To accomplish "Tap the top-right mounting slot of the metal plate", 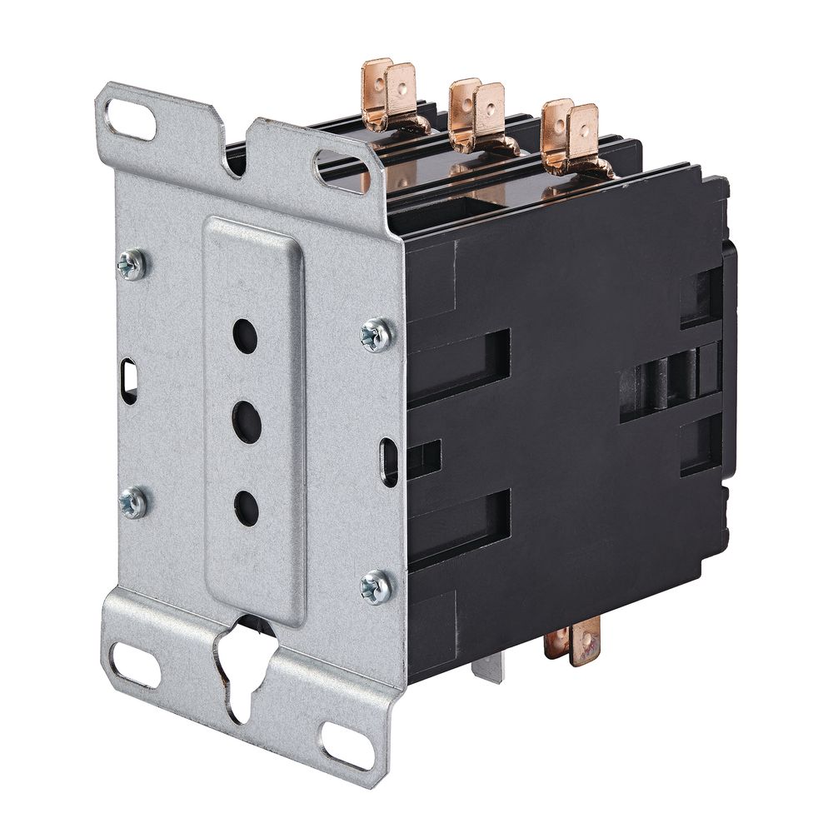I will point(341,172).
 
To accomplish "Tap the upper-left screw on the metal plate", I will point(132,265).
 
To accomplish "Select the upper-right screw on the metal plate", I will point(376,334).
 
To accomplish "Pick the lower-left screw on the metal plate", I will point(133,502).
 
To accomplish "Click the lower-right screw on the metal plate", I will point(376,586).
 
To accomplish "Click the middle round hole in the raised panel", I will point(247,421).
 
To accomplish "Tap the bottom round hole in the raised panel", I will point(247,508).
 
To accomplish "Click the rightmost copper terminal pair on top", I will point(571,135).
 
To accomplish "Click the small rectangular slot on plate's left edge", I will point(129,381).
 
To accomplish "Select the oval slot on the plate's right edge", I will point(389,461).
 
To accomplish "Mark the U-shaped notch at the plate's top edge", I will point(237,150).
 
